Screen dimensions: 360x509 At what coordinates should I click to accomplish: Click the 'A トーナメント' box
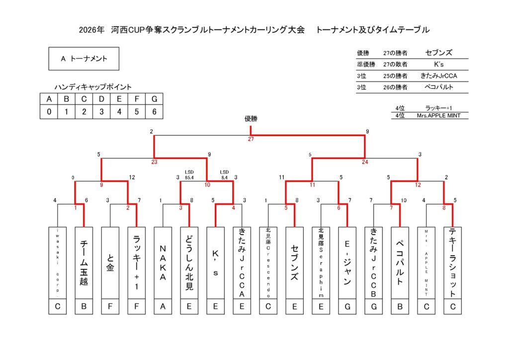[84, 59]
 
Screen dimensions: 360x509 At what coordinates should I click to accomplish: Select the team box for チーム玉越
[84, 263]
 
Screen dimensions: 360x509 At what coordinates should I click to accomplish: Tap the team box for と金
[110, 263]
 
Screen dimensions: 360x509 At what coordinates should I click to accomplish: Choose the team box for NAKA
[163, 263]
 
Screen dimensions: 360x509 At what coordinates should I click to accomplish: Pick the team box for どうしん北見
[189, 263]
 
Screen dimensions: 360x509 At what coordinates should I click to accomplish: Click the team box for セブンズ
[294, 263]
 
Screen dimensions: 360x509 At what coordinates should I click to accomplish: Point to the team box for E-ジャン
[347, 263]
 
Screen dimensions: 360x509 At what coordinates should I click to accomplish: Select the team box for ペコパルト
[400, 263]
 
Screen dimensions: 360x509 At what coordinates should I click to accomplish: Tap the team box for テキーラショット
[452, 263]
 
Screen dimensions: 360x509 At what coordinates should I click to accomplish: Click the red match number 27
[251, 139]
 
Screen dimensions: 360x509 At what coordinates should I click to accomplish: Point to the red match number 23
[154, 162]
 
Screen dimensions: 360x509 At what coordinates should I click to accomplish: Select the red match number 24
[365, 162]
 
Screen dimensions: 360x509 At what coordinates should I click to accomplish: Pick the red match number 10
[207, 185]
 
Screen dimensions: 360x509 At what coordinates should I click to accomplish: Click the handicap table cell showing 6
[155, 112]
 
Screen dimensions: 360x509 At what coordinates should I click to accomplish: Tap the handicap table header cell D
[101, 99]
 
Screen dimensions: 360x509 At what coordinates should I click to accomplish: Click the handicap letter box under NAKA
[163, 307]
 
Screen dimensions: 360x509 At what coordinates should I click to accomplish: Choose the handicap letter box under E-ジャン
[347, 307]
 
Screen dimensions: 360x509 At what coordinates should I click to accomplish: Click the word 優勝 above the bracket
[251, 119]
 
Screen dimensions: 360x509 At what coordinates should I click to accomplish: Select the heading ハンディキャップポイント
[93, 87]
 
